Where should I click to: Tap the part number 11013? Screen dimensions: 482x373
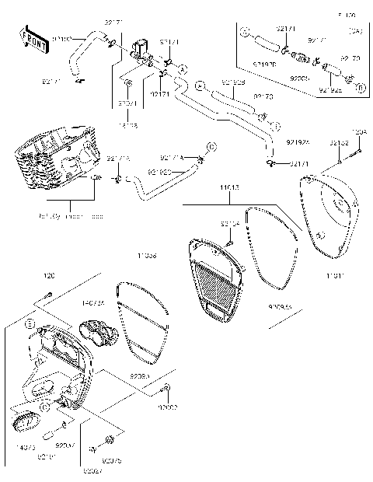(x=229, y=187)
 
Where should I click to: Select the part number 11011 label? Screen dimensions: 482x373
(x=336, y=276)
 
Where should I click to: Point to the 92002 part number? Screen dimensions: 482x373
(x=167, y=407)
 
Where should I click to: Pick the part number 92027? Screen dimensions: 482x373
(x=92, y=470)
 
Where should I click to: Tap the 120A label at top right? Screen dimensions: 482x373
(x=358, y=134)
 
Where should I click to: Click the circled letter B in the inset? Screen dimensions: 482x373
(x=361, y=88)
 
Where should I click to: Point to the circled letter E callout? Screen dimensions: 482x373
(x=30, y=323)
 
